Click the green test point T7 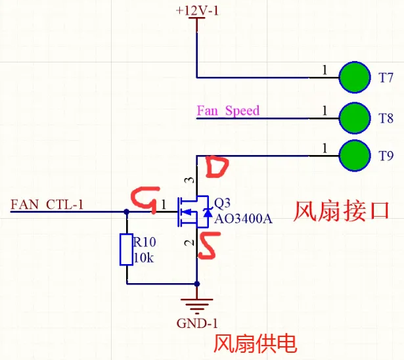355,77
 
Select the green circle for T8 355,118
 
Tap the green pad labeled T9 355,156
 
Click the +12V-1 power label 196,11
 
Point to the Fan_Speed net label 228,110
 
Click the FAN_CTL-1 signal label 47,204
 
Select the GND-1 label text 196,323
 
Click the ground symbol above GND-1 197,304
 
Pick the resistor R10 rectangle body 127,249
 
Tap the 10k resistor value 143,258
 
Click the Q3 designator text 223,201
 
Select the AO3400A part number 243,218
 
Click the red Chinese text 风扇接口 341,210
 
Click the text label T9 386,156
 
